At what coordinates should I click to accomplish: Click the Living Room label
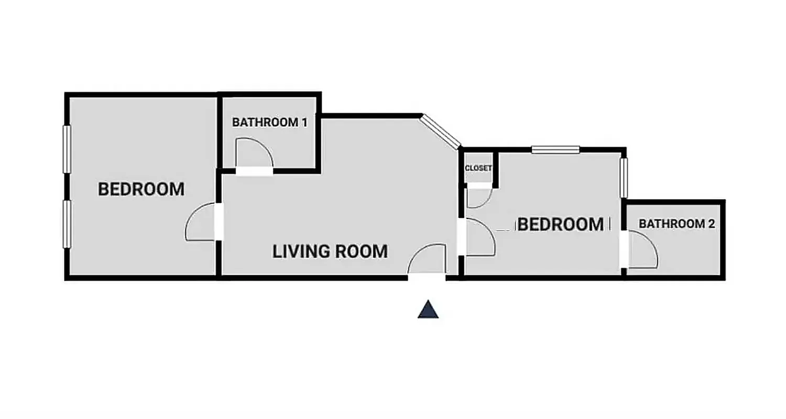[330, 251]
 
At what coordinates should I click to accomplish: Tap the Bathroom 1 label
[269, 123]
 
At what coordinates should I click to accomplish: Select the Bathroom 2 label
[676, 224]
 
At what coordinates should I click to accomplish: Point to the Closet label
[478, 168]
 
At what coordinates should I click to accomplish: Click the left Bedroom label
[141, 189]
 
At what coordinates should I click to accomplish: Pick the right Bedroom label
[560, 225]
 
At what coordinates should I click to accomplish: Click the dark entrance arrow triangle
[428, 310]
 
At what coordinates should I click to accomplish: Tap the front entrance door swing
[427, 260]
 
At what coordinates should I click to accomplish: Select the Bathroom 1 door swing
[254, 154]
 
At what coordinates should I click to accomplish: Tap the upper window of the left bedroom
[67, 149]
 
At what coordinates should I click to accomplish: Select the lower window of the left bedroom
[67, 224]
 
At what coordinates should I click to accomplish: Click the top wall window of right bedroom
[555, 150]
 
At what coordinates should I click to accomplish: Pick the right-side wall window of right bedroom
[624, 178]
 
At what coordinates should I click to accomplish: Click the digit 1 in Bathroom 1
[303, 123]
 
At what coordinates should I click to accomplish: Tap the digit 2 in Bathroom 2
[711, 224]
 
